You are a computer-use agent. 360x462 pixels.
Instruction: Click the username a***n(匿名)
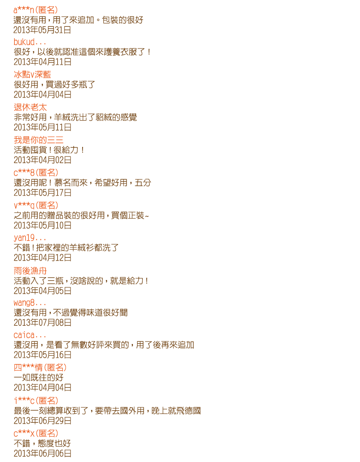36,10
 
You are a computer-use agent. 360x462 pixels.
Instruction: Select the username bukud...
30,42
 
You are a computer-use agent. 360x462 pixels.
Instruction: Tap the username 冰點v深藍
32,74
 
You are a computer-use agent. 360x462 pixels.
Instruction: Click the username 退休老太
30,107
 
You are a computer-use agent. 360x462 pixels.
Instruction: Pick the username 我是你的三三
39,140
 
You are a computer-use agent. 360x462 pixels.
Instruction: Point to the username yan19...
30,238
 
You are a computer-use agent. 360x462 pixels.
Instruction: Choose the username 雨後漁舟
30,271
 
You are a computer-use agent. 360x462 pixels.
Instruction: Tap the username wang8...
30,303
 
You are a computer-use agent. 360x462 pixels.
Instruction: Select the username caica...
30,335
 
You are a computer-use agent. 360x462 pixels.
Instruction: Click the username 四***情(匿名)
40,368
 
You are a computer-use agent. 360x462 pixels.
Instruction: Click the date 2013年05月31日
42,30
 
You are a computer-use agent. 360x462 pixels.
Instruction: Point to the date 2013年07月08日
42,322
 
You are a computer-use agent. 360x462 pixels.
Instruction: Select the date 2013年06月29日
42,421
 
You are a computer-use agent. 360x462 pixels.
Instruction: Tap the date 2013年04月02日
42,160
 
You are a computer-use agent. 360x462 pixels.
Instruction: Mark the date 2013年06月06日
42,454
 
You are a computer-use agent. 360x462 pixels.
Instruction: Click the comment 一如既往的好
39,377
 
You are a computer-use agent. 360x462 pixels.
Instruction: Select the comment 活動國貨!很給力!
49,150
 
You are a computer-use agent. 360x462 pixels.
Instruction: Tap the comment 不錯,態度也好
42,444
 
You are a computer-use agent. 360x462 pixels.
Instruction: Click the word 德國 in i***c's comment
192,411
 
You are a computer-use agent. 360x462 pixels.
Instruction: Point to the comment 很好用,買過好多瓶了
54,85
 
